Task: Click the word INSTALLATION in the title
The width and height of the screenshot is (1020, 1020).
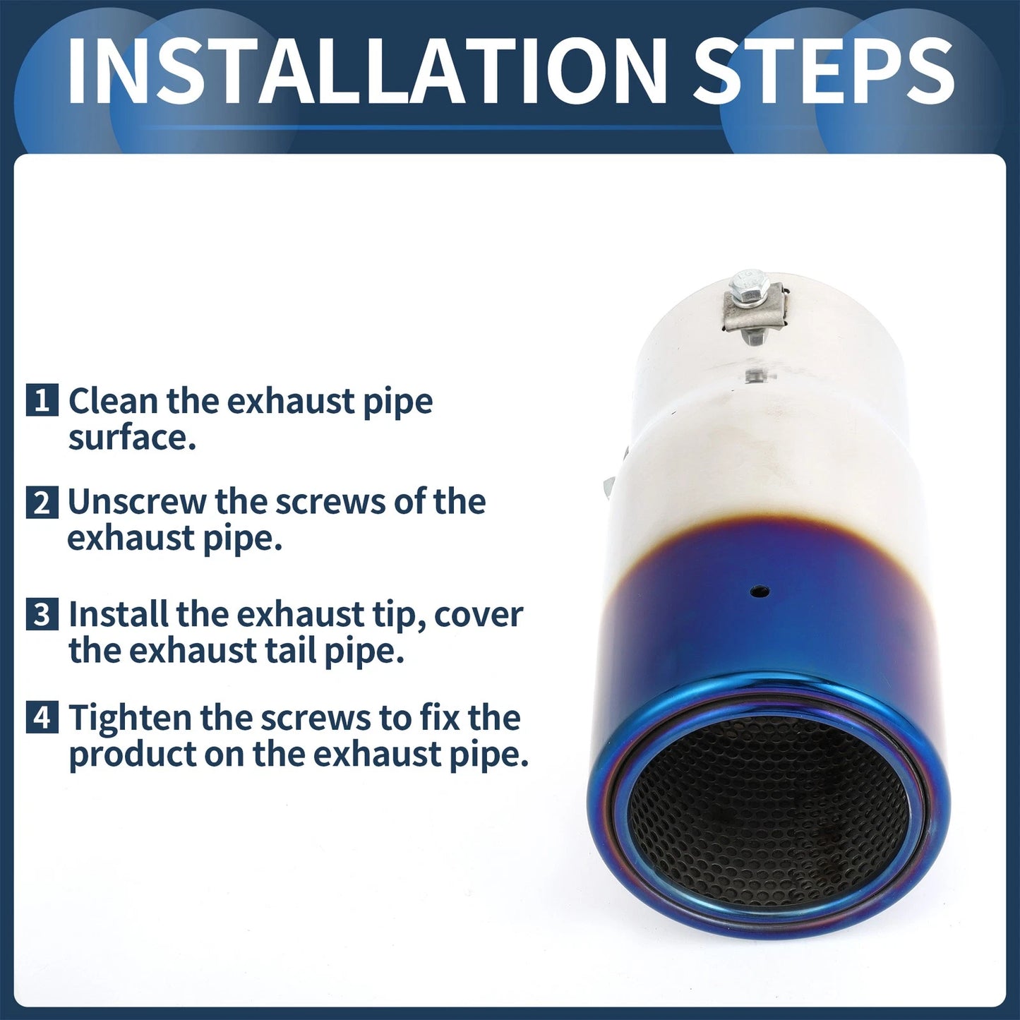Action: coord(367,71)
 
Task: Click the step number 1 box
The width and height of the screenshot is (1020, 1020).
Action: coord(42,401)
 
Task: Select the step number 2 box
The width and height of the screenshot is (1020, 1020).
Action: coord(42,503)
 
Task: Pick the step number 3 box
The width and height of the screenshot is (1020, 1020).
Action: coord(42,615)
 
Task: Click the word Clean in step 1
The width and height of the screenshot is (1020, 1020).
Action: coord(114,401)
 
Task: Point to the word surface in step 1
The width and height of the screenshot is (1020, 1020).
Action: coord(132,438)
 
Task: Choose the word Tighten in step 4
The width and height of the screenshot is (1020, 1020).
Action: coord(130,718)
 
